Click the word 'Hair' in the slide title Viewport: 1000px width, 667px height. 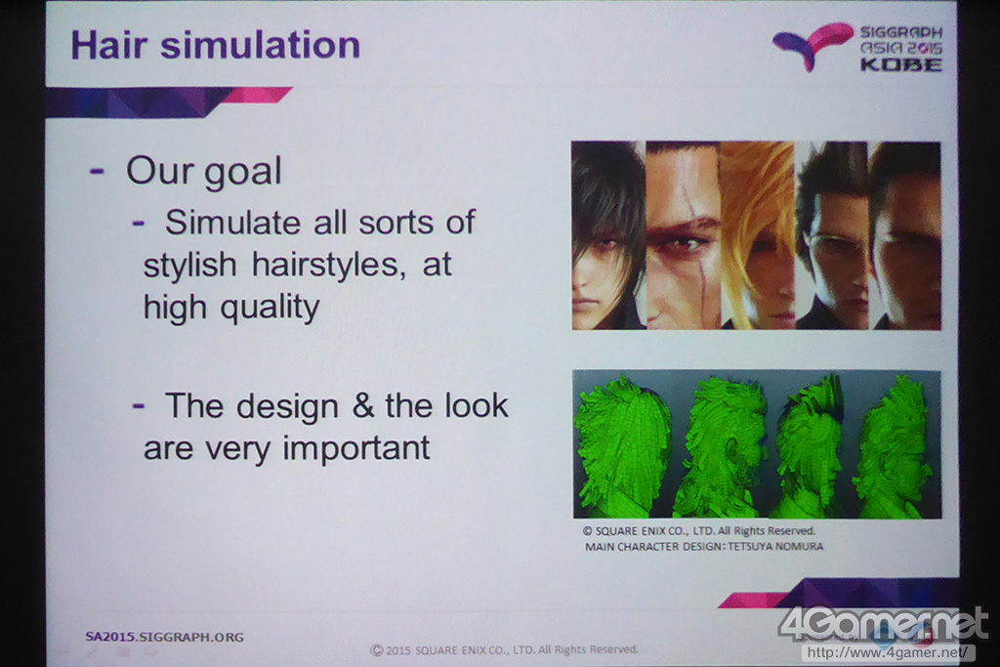coord(109,45)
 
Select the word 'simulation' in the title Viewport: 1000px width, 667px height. coord(260,45)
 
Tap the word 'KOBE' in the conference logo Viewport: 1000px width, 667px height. coord(901,64)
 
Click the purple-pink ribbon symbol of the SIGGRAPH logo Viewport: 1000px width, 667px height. coord(812,45)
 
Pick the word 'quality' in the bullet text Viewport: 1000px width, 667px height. coord(270,309)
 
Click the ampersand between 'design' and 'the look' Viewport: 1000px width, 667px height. coord(363,405)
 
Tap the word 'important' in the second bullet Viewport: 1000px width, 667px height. coord(356,448)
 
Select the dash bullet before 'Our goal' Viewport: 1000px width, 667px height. coord(97,171)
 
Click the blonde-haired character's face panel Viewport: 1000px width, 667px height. coord(758,235)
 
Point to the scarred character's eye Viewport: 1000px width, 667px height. coord(686,243)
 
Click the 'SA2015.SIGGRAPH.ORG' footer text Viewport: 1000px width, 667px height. coord(164,637)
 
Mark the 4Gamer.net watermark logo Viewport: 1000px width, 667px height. coord(884,625)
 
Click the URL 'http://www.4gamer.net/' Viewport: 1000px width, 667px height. coord(888,653)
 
